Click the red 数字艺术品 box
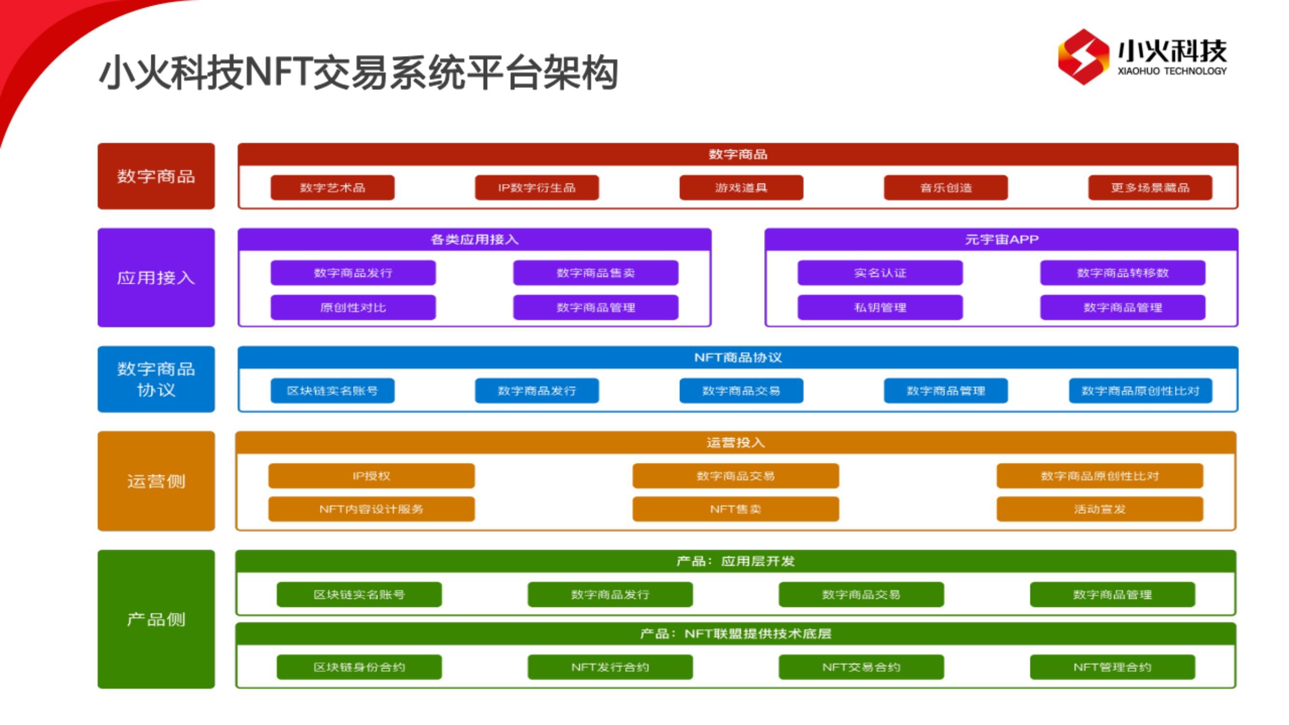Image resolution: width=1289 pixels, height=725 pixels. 332,188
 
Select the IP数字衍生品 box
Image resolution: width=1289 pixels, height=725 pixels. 536,188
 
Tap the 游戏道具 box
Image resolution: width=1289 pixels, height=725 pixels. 741,188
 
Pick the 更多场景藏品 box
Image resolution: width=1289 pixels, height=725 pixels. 1150,188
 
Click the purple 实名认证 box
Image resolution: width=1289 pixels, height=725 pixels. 880,273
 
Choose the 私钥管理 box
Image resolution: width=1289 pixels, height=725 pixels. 880,307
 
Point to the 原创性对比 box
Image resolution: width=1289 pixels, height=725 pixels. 353,307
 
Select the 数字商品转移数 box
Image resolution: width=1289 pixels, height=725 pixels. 1122,273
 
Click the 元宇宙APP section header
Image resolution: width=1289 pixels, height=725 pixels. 1001,240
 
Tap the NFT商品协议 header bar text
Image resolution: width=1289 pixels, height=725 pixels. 738,357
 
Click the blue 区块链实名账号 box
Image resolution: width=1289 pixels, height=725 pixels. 332,391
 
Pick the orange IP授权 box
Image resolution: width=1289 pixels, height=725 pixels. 371,476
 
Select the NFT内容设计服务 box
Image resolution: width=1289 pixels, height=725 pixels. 371,509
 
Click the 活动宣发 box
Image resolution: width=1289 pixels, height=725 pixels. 1100,509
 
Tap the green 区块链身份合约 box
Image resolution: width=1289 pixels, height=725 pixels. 359,667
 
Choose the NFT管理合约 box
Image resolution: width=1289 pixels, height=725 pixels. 1112,667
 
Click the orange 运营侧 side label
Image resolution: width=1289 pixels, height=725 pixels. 156,481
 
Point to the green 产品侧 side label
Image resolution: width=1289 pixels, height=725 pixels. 156,620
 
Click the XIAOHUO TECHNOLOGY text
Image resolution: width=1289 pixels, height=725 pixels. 1172,71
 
